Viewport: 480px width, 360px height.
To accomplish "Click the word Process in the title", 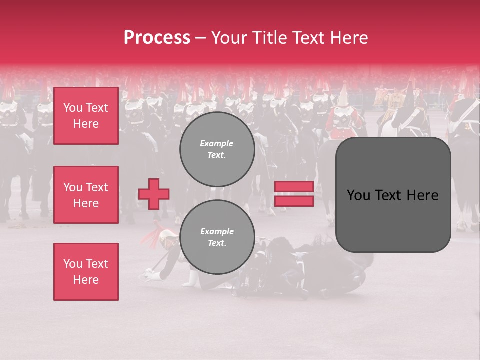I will click(157, 38).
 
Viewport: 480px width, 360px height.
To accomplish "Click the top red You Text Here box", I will click(86, 116).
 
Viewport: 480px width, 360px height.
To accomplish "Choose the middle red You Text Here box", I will click(86, 195).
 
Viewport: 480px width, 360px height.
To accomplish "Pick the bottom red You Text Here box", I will click(86, 272).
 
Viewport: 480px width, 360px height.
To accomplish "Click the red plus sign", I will click(154, 194).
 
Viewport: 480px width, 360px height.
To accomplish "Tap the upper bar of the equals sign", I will click(294, 187).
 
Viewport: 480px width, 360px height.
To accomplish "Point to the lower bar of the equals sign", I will click(294, 201).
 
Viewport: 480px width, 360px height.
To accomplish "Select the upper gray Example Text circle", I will click(217, 149).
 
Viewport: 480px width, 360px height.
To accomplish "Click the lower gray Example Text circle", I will click(217, 237).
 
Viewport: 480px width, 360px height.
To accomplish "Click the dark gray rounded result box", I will click(393, 195).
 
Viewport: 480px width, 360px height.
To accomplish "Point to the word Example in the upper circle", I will click(217, 144).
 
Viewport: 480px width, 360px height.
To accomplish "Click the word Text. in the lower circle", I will click(217, 243).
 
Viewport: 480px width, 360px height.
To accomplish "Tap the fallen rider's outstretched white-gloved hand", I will click(149, 274).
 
